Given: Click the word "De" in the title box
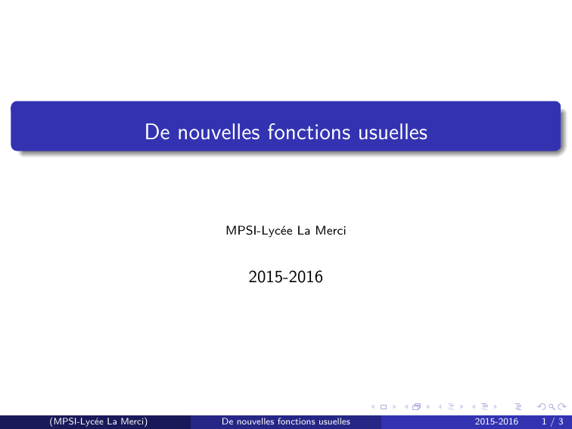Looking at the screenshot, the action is (157, 132).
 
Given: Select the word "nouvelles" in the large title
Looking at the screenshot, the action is (219, 132).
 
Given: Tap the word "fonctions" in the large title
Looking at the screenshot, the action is (309, 132).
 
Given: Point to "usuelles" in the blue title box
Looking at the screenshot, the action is (393, 132).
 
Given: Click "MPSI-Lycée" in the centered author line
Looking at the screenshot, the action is (259, 231).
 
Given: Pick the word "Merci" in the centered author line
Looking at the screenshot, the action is (331, 231).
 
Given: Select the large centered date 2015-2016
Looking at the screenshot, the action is (286, 277).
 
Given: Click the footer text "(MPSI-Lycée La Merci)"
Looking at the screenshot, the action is (98, 421).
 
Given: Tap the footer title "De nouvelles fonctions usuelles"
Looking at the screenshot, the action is (286, 421).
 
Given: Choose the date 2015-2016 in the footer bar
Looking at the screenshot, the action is (496, 421).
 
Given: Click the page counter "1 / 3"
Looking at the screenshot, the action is (552, 421).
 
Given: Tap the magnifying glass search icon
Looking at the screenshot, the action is (552, 407).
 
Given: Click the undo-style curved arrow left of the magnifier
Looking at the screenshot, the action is (542, 407).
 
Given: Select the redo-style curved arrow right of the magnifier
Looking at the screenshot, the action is (561, 407).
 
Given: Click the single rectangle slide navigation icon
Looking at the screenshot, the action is (383, 407).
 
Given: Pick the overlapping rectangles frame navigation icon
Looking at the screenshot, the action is (416, 407).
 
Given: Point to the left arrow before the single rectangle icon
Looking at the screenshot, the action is (372, 407).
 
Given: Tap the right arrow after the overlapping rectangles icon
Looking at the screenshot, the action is (428, 407).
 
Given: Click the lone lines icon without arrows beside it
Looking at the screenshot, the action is (518, 407).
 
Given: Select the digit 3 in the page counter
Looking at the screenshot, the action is (561, 421).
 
